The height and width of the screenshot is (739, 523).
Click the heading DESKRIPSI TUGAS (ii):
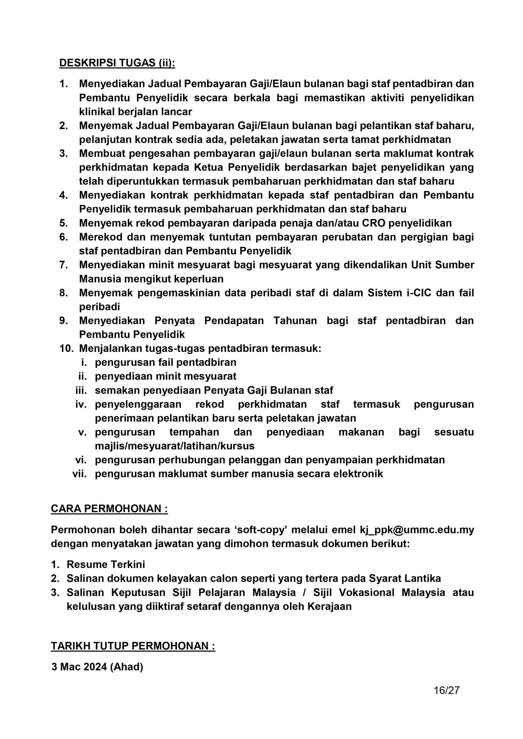117,63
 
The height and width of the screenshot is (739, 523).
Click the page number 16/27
446,690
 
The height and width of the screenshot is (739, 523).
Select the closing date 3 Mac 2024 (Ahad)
97,667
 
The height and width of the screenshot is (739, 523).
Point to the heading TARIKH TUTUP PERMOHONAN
133,646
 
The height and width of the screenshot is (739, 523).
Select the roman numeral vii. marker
80,474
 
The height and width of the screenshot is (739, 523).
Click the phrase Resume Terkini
106,564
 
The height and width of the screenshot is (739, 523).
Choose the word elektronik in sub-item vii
356,474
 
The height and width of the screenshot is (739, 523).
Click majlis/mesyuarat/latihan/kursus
174,446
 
